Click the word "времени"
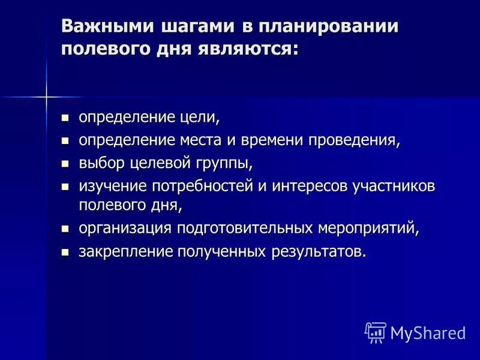(272, 140)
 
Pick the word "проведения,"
(354, 140)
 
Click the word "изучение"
(108, 185)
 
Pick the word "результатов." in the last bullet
(318, 251)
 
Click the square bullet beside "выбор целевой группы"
(65, 163)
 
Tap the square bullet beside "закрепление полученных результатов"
(65, 252)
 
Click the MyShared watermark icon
(376, 332)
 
